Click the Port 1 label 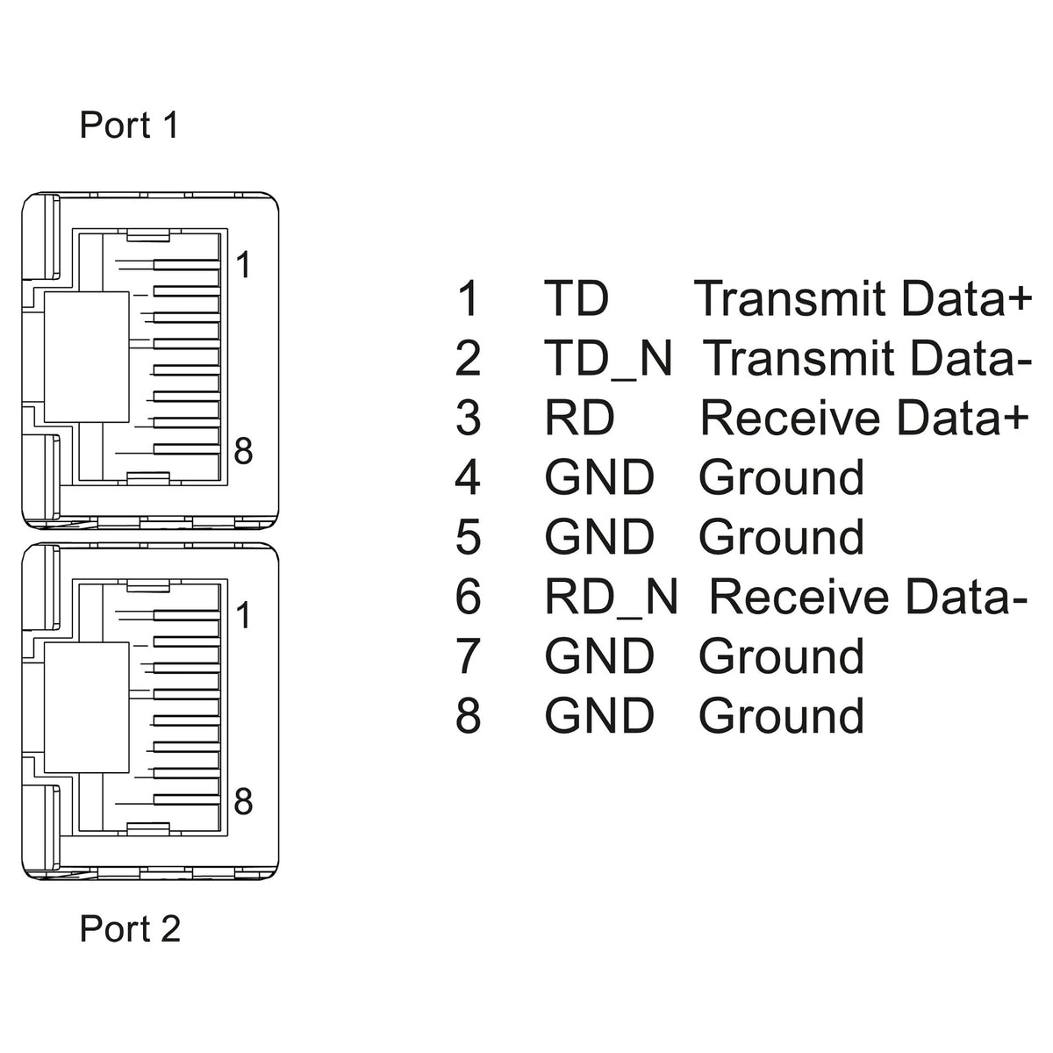[129, 125]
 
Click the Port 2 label [130, 928]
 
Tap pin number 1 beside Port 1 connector [243, 265]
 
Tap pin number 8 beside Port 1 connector [243, 451]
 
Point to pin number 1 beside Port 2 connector [243, 615]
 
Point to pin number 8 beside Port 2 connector [243, 802]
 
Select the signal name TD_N [608, 359]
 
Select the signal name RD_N [611, 597]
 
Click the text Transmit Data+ [863, 297]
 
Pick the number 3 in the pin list [468, 418]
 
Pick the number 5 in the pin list [468, 537]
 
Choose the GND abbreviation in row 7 [599, 655]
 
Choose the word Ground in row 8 [782, 715]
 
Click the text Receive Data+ [864, 418]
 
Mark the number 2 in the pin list [468, 359]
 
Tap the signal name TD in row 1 [577, 298]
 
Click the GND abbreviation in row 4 [599, 477]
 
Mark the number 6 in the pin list [468, 597]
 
